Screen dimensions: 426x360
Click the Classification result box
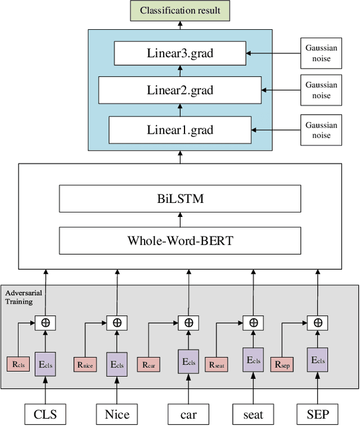tap(180, 11)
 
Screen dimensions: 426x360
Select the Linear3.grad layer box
tap(180, 54)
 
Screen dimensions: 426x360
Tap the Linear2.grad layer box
tap(180, 90)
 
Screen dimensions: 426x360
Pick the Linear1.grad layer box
tap(180, 130)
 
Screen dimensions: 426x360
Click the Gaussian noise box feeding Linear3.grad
tap(321, 53)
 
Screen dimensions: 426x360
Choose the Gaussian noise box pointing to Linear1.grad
tap(321, 129)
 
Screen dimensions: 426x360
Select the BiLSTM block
tap(180, 198)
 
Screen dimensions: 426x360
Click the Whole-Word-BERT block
tap(180, 241)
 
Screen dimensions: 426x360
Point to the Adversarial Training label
tap(23, 297)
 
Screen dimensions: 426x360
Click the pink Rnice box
tap(85, 364)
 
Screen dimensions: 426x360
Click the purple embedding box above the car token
tap(188, 361)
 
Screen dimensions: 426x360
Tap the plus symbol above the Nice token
tap(117, 323)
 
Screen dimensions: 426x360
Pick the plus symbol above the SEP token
tap(318, 323)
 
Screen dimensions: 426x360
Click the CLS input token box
tap(44, 415)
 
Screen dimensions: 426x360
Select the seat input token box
tap(253, 415)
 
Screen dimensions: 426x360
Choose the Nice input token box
tap(117, 415)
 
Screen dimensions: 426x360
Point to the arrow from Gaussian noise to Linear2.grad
tap(281, 90)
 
